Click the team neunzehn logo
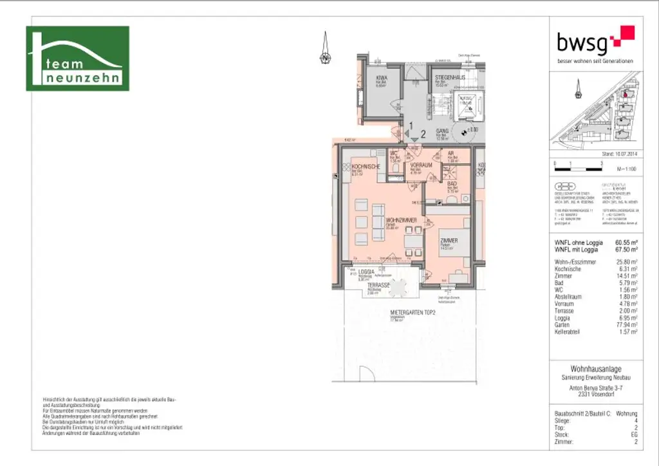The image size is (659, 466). (77, 59)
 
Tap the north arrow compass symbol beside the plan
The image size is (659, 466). (326, 51)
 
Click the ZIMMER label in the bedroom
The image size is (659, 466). (449, 240)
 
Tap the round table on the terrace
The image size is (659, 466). (400, 288)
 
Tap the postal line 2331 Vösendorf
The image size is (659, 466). (596, 394)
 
